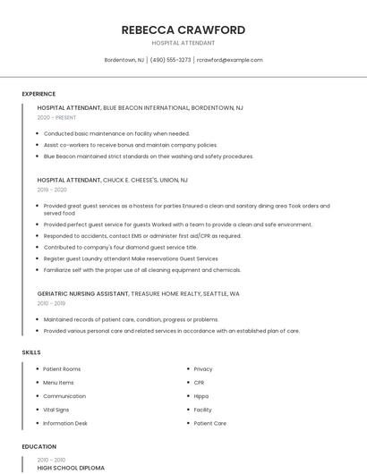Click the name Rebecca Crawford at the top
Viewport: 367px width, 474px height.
183,30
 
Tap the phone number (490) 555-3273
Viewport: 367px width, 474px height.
170,60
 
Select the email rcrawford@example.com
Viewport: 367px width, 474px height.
229,60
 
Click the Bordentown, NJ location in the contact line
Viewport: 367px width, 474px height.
124,60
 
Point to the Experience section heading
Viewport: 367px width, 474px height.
38,94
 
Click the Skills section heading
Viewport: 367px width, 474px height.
31,352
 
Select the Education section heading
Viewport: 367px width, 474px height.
38,446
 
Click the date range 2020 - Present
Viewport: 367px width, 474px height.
56,117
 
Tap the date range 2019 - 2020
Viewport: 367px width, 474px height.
52,190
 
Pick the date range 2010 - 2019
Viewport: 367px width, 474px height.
52,303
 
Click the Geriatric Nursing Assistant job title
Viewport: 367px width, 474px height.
82,293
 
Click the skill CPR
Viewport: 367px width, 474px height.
199,382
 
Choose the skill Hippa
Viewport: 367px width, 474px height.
201,395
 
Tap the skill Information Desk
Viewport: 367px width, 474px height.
65,423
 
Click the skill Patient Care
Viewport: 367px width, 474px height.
209,423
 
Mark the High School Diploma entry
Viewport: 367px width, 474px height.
71,468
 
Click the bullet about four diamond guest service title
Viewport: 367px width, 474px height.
120,247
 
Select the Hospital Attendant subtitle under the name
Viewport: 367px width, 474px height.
183,43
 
